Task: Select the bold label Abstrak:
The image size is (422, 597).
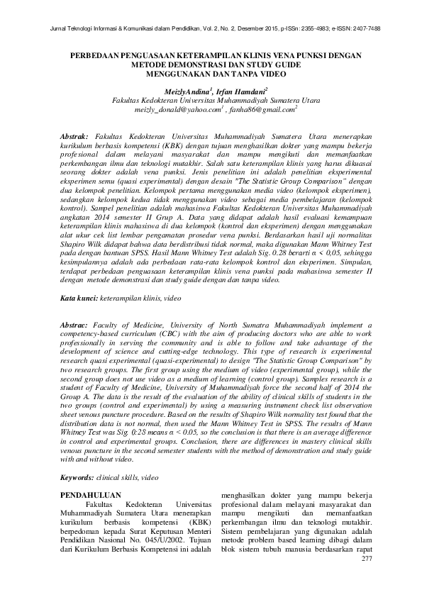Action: (x=74, y=134)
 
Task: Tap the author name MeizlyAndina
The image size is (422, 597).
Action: (x=186, y=92)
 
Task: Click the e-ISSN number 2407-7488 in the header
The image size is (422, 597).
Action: (x=364, y=28)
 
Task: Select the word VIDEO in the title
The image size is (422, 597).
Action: (x=258, y=72)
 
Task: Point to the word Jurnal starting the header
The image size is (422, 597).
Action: (x=53, y=28)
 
